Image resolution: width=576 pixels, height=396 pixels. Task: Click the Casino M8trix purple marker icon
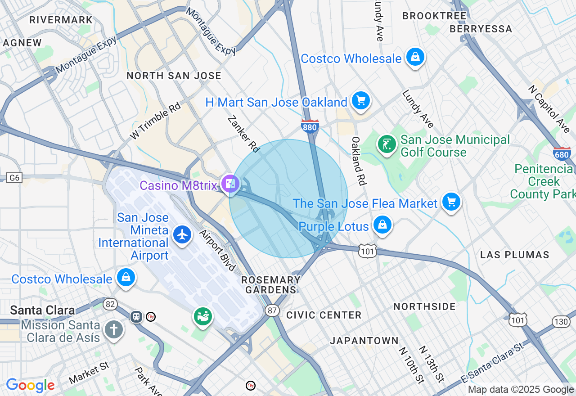tap(230, 184)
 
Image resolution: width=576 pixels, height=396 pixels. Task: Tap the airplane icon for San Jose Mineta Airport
tap(182, 234)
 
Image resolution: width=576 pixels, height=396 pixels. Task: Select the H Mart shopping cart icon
tap(360, 101)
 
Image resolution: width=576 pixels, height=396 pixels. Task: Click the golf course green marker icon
tap(387, 144)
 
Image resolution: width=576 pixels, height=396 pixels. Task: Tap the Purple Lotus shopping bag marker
tap(382, 225)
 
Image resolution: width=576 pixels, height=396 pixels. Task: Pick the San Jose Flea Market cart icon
tap(451, 202)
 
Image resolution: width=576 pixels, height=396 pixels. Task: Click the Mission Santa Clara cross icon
tap(113, 330)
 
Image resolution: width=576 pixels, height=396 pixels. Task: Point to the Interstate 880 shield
tap(310, 126)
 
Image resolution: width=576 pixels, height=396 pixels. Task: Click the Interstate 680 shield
tap(562, 154)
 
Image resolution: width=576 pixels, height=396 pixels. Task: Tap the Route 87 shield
tap(273, 310)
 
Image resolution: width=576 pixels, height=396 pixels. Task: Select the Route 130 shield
tap(561, 321)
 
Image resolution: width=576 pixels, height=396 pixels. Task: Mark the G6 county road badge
tap(14, 178)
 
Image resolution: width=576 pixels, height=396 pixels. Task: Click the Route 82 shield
tap(110, 304)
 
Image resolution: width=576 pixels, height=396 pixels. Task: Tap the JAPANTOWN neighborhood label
tap(364, 341)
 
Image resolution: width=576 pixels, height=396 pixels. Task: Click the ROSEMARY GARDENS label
tap(270, 285)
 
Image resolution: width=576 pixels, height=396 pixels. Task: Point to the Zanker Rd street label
tap(244, 134)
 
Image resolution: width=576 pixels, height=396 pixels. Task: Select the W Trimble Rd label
tap(155, 121)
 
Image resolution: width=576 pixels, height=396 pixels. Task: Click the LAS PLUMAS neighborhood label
tap(514, 255)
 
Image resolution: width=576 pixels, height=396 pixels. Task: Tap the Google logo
tap(30, 385)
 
